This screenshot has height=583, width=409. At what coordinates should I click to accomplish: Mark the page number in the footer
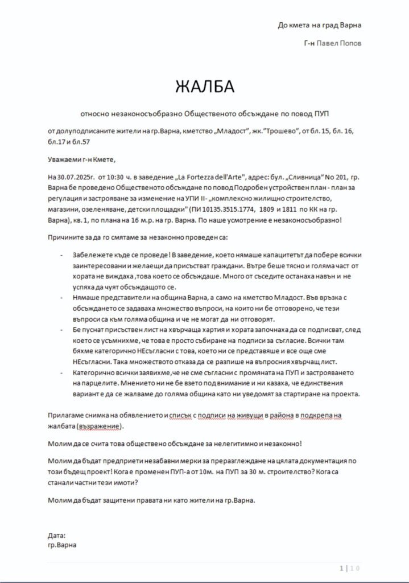coord(341,568)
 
